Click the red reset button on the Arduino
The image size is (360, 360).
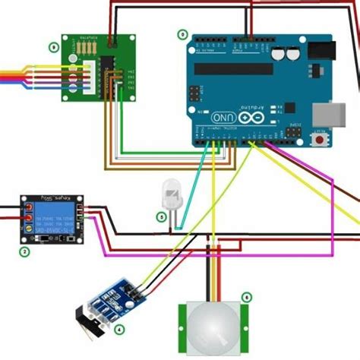click(x=321, y=140)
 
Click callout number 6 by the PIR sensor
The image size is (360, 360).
click(x=246, y=297)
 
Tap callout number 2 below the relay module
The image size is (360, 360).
click(x=24, y=251)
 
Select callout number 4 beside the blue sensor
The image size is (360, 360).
click(x=119, y=329)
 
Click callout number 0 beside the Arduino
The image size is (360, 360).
click(x=182, y=35)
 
